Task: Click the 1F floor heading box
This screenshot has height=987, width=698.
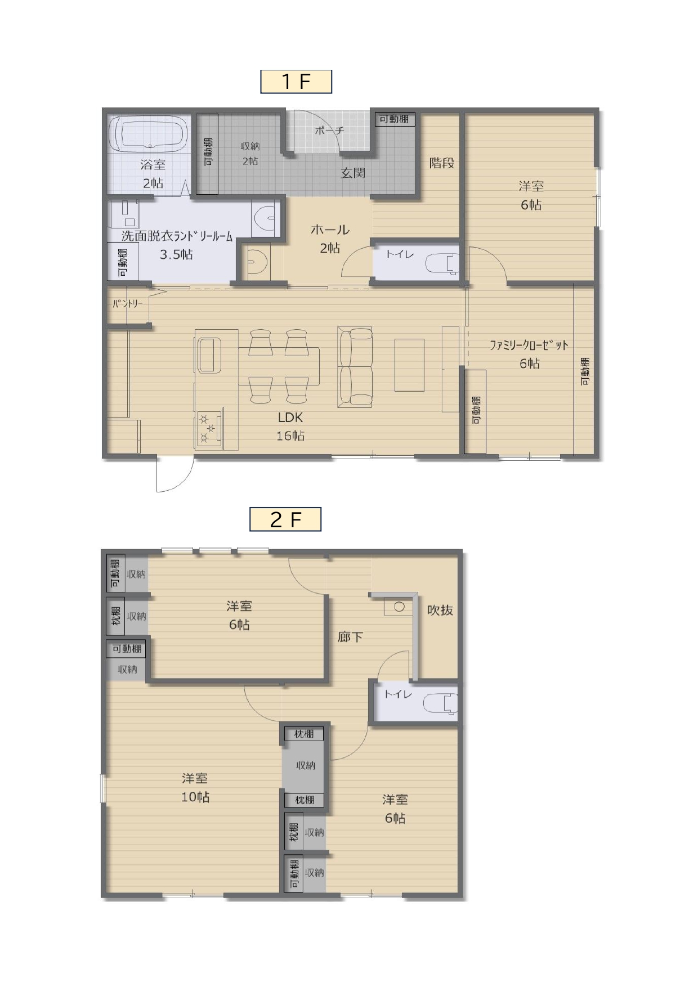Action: coord(296,82)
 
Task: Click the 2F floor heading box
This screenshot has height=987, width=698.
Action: coord(285,519)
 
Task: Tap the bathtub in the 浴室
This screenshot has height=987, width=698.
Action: coord(151,133)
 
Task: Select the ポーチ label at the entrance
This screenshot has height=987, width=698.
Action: coord(329,131)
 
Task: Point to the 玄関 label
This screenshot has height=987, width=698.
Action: coord(354,173)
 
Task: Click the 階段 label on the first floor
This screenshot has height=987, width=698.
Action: coord(442,163)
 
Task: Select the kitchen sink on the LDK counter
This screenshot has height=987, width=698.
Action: coord(209,355)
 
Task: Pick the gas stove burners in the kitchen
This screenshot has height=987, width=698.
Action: coord(209,428)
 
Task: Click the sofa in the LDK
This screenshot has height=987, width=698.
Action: coord(355,367)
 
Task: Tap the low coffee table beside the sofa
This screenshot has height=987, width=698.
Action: coord(409,365)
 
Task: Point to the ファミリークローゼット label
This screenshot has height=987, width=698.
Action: coord(529,346)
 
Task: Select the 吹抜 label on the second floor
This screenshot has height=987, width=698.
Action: coord(440,610)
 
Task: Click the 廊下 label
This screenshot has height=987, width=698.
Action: coord(350,637)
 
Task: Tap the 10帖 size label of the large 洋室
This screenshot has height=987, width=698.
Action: coord(195,797)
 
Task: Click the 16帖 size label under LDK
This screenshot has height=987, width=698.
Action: coord(290,436)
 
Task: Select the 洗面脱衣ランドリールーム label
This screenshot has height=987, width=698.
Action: coord(177,237)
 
